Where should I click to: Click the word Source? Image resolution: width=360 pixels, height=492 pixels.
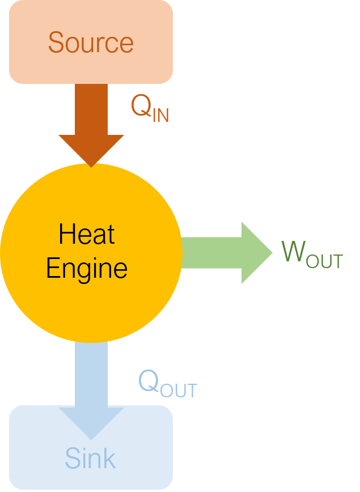(91, 43)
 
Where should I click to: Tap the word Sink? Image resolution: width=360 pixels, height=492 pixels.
(90, 458)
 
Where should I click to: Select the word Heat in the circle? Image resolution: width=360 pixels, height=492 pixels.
(87, 234)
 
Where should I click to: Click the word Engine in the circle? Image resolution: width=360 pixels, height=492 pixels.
(87, 269)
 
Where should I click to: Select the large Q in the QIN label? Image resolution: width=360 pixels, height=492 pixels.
(141, 106)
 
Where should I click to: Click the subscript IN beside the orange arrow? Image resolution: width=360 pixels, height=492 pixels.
(161, 115)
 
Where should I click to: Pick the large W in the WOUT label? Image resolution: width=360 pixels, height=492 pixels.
(294, 251)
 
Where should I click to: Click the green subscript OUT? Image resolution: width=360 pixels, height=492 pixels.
(324, 261)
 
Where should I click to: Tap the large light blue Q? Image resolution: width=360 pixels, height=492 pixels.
(149, 380)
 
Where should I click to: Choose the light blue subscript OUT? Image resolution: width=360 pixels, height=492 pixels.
(179, 391)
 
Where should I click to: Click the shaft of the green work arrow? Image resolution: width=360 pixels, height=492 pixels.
(211, 253)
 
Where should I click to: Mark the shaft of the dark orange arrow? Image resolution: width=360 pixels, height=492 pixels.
(91, 109)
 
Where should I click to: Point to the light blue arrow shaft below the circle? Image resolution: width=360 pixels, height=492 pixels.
(91, 375)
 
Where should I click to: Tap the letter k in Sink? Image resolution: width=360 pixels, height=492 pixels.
(109, 458)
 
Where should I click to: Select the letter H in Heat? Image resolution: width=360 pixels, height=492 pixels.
(66, 234)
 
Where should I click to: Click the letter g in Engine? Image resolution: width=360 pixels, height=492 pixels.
(82, 272)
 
